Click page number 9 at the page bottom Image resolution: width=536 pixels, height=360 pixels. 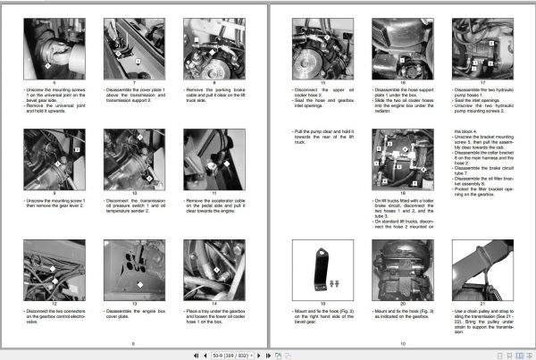coord(133,343)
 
